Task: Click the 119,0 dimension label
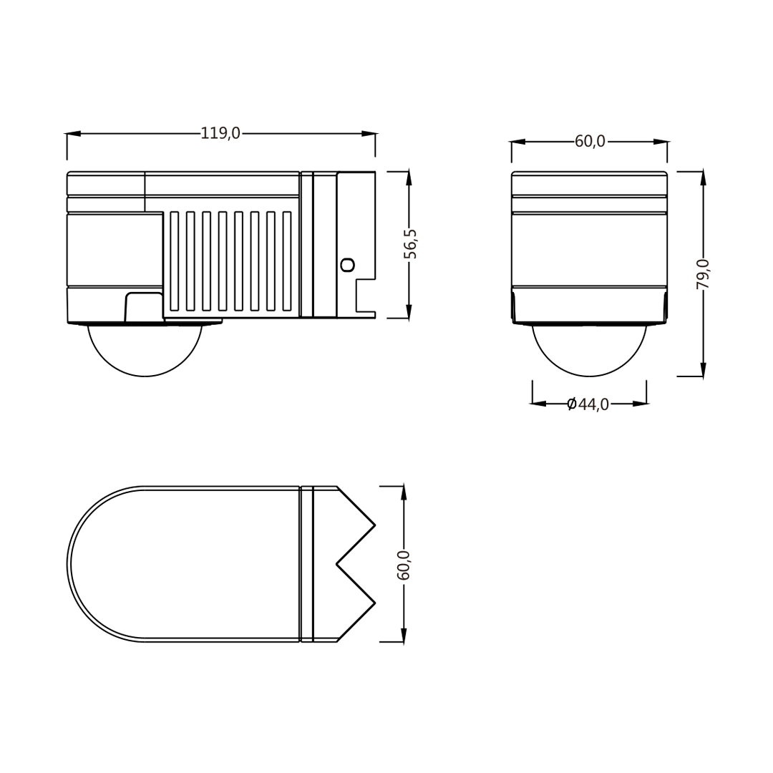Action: [x=220, y=134]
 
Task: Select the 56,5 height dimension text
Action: [x=410, y=244]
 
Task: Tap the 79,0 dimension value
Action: [x=704, y=274]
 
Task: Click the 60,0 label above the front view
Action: [x=590, y=142]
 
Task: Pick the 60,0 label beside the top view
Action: [x=404, y=565]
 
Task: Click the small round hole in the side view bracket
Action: [x=347, y=265]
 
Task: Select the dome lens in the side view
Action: [x=145, y=351]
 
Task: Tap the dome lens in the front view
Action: [x=589, y=351]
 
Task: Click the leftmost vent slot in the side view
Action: [x=174, y=261]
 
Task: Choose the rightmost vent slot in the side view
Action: [x=287, y=261]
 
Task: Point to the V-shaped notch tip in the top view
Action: [x=338, y=564]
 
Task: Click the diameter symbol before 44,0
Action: [x=571, y=404]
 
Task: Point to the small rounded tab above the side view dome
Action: [x=144, y=306]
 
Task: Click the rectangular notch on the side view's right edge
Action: [x=365, y=295]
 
